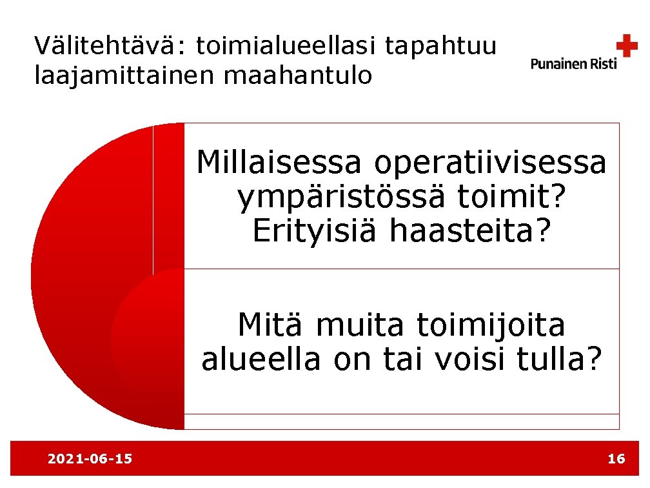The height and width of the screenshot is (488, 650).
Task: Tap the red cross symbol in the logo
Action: [x=626, y=46]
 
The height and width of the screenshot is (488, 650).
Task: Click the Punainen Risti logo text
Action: [x=573, y=63]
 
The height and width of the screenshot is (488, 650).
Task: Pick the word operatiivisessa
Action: [x=490, y=163]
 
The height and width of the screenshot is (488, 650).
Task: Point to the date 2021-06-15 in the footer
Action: [x=90, y=459]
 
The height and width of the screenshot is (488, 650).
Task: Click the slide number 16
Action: [x=616, y=459]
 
